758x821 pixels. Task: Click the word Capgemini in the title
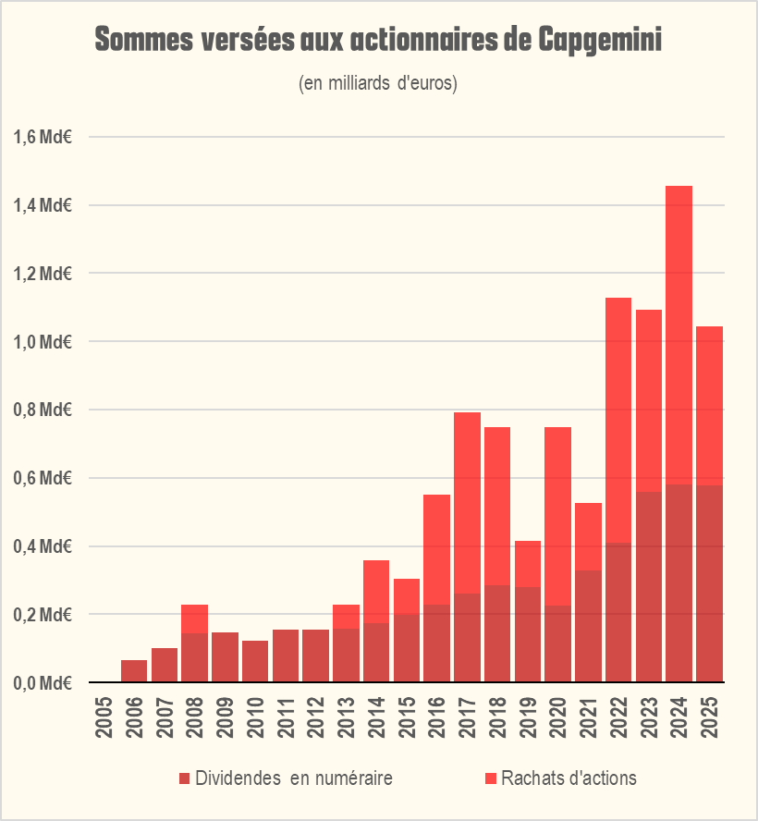point(598,42)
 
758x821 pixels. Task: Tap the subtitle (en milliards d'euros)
point(379,83)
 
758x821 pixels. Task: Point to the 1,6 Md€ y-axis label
point(43,137)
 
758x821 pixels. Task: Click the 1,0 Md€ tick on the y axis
point(43,342)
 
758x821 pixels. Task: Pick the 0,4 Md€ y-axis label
point(43,546)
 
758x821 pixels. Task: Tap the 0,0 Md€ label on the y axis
point(43,683)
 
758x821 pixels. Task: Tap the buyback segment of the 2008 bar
point(194,619)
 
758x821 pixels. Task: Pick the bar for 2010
point(255,661)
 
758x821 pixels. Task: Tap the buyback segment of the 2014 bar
point(376,592)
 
